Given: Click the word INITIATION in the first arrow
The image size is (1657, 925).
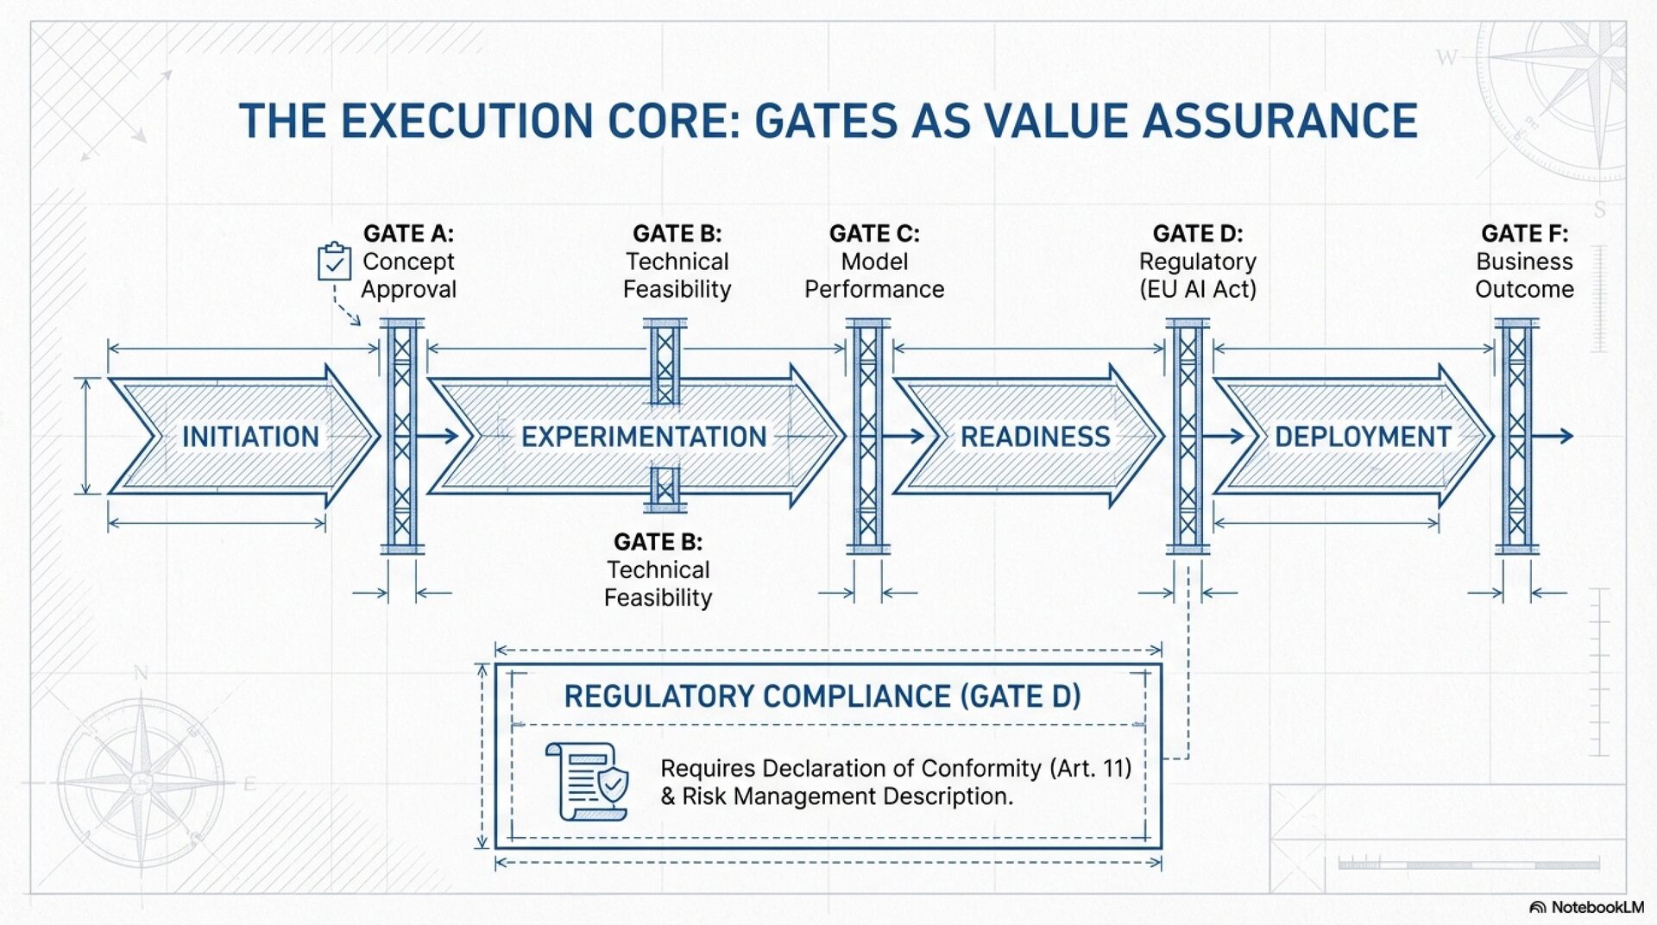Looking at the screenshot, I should pyautogui.click(x=250, y=437).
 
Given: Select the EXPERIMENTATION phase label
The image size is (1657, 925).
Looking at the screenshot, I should pyautogui.click(x=644, y=437).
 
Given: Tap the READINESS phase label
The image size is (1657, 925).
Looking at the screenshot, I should pyautogui.click(x=1035, y=437).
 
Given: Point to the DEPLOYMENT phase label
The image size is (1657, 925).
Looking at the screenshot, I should pyautogui.click(x=1363, y=437).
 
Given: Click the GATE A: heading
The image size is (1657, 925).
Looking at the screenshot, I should pyautogui.click(x=408, y=234).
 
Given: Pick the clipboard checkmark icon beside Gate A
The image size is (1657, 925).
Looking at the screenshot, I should pyautogui.click(x=334, y=261).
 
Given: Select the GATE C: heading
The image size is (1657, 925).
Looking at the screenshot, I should pyautogui.click(x=874, y=234).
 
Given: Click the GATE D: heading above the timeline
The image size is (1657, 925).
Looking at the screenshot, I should pyautogui.click(x=1198, y=234).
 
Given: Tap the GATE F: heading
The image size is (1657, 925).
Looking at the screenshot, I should pyautogui.click(x=1524, y=234).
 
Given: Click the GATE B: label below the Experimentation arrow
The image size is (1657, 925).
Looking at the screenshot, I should pyautogui.click(x=658, y=542).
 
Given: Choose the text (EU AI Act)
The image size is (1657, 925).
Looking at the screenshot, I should pyautogui.click(x=1198, y=289).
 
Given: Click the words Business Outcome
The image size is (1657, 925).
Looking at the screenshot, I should pyautogui.click(x=1524, y=275).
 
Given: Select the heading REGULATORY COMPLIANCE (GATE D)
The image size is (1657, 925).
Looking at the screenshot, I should pyautogui.click(x=822, y=696).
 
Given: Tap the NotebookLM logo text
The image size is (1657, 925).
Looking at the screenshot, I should pyautogui.click(x=1597, y=907).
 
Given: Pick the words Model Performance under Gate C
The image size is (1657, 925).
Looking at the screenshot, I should pyautogui.click(x=874, y=275).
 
